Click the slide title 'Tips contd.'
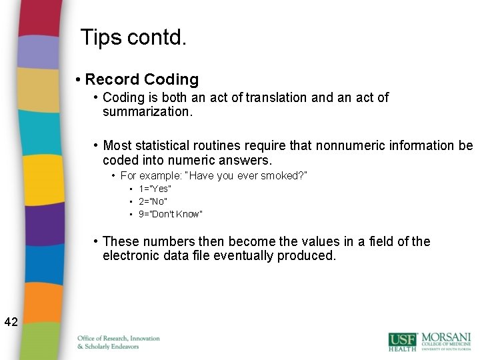point(133,37)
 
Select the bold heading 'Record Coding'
point(142,79)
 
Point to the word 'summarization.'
point(147,112)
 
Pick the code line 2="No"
point(153,201)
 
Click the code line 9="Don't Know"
point(170,214)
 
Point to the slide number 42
point(11,322)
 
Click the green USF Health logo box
point(403,341)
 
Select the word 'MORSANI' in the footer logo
point(445,337)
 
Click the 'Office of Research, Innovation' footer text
point(119,338)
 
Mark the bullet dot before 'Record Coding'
point(79,80)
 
